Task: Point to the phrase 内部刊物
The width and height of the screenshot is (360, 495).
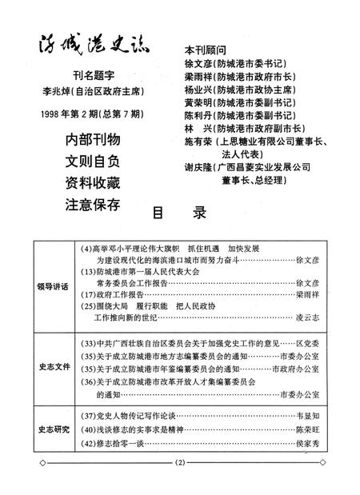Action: pyautogui.click(x=93, y=140)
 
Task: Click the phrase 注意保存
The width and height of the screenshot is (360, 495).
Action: pyautogui.click(x=93, y=204)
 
